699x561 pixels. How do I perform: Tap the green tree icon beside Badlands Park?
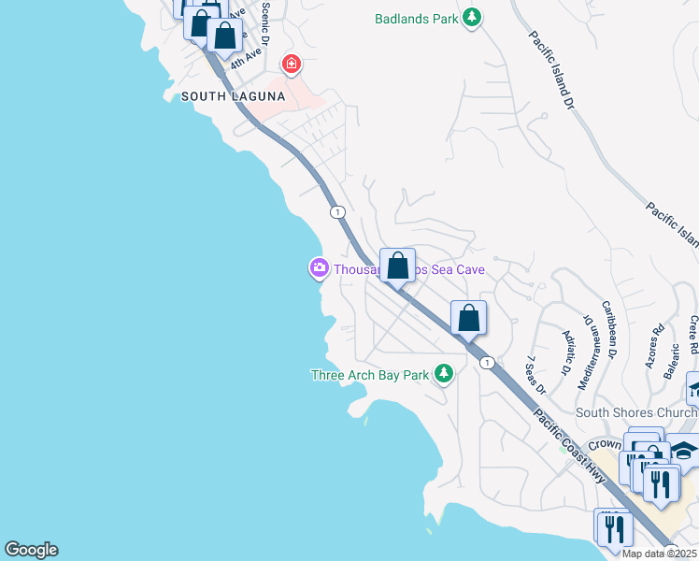[473, 18]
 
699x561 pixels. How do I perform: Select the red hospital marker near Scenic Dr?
[292, 65]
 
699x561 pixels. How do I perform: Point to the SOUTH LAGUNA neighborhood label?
[233, 96]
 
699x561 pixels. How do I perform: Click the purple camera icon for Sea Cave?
[320, 269]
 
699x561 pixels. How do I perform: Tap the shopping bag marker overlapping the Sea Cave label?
[397, 266]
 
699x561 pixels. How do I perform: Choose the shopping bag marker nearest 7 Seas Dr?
[468, 318]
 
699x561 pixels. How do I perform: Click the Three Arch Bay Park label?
[370, 375]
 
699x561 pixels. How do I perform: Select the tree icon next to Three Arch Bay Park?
[443, 375]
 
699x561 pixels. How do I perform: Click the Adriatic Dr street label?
[566, 352]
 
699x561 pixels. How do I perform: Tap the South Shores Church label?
[635, 412]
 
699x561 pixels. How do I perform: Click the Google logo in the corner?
[31, 550]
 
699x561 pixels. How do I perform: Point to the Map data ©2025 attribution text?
[659, 554]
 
